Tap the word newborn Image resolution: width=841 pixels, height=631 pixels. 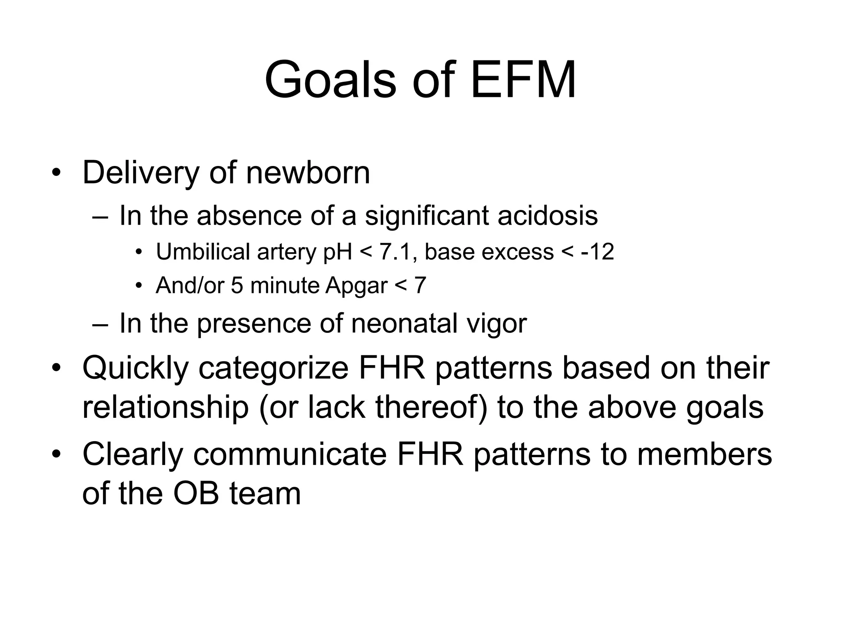pos(308,173)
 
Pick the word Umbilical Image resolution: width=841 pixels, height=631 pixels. pos(203,251)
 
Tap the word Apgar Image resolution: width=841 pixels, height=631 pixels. pos(356,285)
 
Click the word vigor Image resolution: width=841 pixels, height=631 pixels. pos(496,323)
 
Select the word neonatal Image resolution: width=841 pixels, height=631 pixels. pos(404,323)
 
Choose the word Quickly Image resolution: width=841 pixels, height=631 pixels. pos(135,368)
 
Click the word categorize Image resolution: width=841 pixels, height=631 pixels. pos(273,368)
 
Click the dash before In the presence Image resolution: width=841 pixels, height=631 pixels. pos(101,324)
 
